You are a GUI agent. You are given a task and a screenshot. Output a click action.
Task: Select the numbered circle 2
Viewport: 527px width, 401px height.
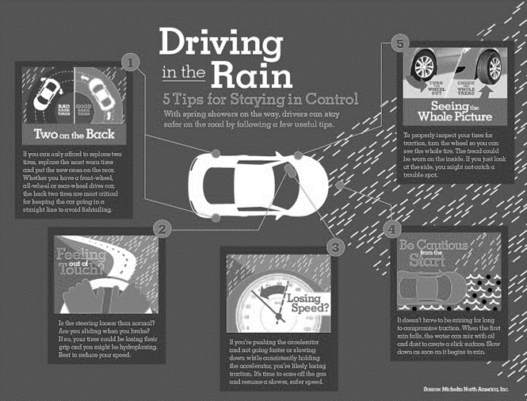(x=162, y=231)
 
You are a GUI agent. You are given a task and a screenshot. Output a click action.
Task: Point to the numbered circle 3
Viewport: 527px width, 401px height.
(x=334, y=247)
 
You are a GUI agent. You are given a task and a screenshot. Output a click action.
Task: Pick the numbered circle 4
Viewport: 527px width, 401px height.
(x=391, y=229)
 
